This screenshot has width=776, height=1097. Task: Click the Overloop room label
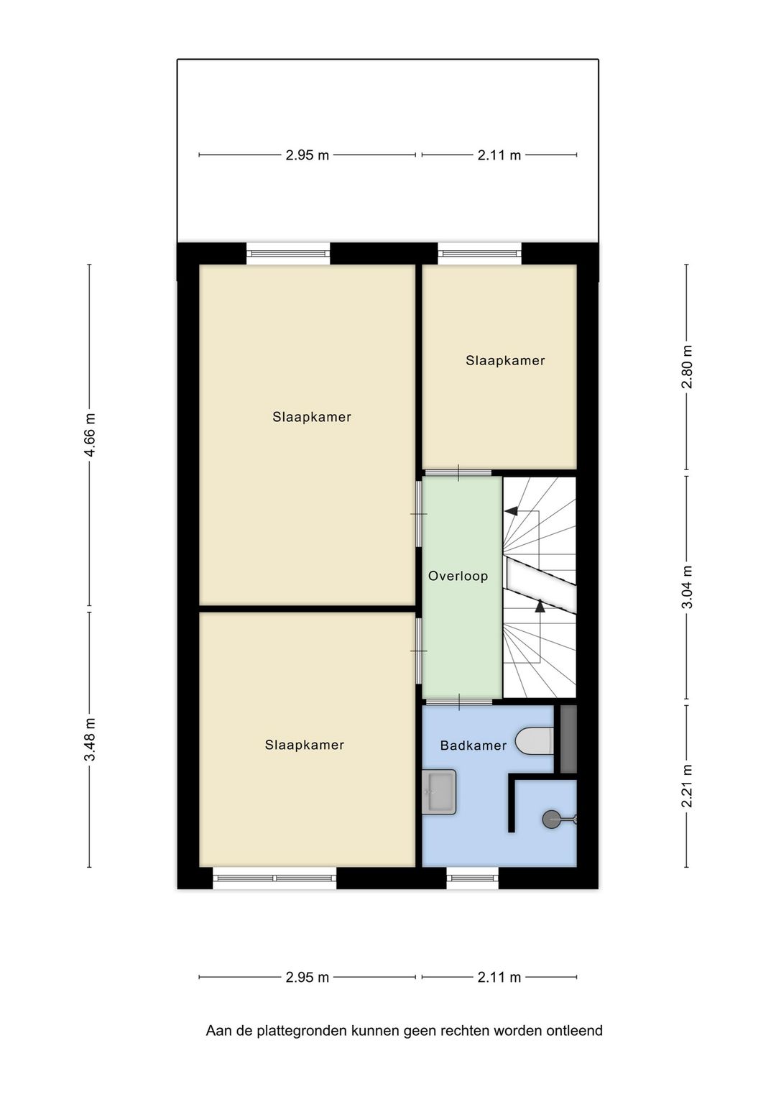click(x=458, y=576)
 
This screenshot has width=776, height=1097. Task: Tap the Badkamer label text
click(x=473, y=746)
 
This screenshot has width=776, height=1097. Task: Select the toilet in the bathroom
click(x=535, y=741)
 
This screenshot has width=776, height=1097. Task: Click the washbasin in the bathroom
click(x=439, y=792)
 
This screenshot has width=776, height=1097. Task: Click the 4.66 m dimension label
click(x=90, y=435)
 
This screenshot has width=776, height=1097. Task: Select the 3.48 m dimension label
click(x=90, y=740)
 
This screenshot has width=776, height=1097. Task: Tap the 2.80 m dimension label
click(x=687, y=367)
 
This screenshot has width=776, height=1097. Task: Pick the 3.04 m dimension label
click(x=687, y=587)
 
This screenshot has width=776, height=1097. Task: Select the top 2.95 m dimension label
click(x=307, y=155)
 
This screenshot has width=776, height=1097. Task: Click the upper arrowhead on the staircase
click(x=511, y=511)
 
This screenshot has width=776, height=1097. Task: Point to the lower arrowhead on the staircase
click(x=540, y=606)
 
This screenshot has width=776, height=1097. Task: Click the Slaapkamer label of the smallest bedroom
click(x=505, y=360)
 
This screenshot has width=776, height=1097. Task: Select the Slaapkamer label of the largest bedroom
click(x=312, y=417)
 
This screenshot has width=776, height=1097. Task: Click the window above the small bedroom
click(x=479, y=253)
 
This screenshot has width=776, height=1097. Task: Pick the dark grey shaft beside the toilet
click(x=568, y=740)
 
